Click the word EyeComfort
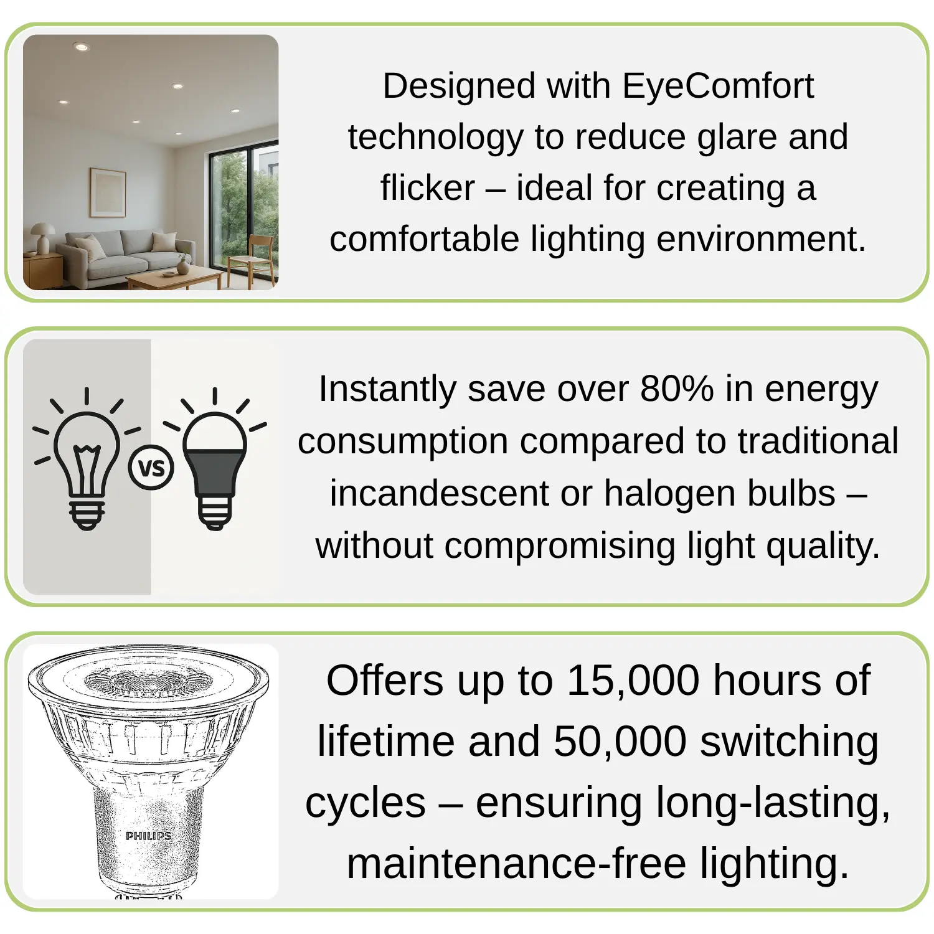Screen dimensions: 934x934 (718, 86)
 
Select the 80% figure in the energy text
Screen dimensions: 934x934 (677, 389)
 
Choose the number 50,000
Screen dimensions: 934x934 (620, 741)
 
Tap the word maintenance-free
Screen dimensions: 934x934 (517, 864)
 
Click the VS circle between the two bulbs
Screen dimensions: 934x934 (151, 468)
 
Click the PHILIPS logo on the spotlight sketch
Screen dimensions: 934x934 (148, 836)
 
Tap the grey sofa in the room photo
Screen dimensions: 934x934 (131, 254)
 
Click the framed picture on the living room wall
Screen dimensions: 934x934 (108, 193)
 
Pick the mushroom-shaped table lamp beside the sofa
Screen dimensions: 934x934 (42, 238)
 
